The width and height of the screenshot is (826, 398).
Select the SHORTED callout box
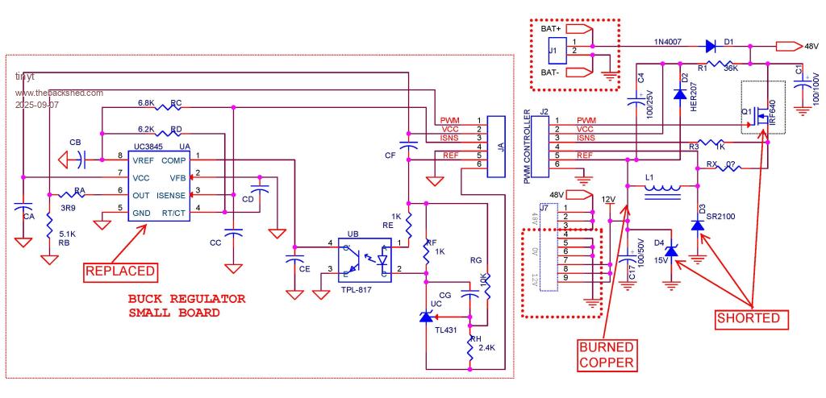(x=749, y=318)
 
